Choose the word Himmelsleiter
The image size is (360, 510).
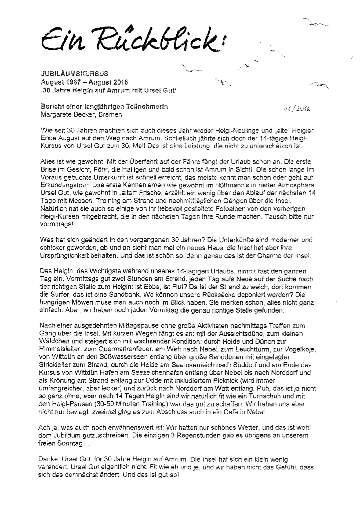pyautogui.click(x=59, y=349)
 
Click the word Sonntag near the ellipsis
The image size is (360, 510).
pyautogui.click(x=70, y=443)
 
